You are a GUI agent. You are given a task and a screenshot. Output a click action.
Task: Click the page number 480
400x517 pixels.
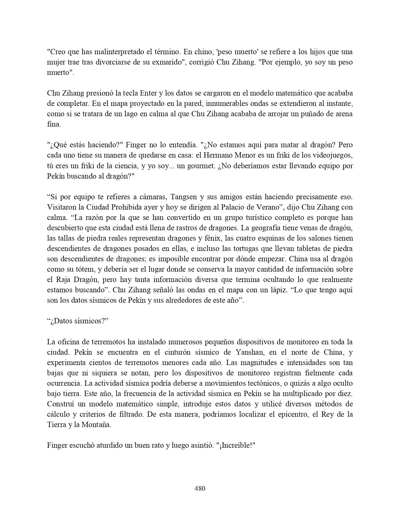pyautogui.click(x=200, y=488)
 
